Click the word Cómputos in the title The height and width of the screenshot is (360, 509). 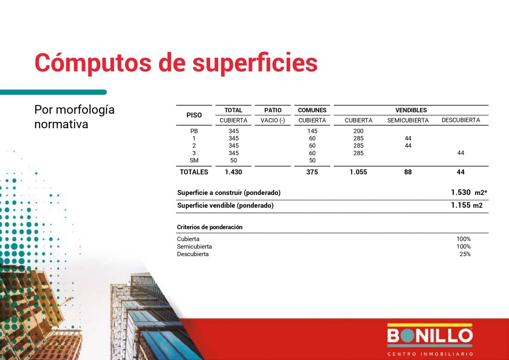[93, 63]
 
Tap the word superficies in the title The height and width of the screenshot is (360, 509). [255, 63]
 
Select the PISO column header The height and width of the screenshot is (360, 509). [194, 115]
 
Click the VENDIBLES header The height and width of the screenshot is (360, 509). [411, 110]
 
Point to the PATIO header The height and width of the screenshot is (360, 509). [273, 110]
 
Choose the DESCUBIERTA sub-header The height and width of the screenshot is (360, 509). [461, 120]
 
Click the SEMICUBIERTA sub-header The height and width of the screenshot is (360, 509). [408, 120]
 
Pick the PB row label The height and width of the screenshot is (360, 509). [194, 131]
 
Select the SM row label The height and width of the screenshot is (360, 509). [194, 160]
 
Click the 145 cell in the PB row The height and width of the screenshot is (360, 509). [312, 131]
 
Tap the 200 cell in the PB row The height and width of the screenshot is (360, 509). [358, 131]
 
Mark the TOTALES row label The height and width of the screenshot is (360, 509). [194, 172]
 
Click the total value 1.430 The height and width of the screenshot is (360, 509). [233, 172]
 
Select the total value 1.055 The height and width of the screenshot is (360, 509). [358, 172]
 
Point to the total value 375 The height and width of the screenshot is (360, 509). [312, 172]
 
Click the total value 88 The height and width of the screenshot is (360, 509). [408, 172]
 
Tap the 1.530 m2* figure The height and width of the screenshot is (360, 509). [469, 193]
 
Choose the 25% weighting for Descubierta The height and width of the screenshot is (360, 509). [465, 254]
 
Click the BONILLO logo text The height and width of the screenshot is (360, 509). [430, 336]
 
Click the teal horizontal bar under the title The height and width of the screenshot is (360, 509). [53, 92]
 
